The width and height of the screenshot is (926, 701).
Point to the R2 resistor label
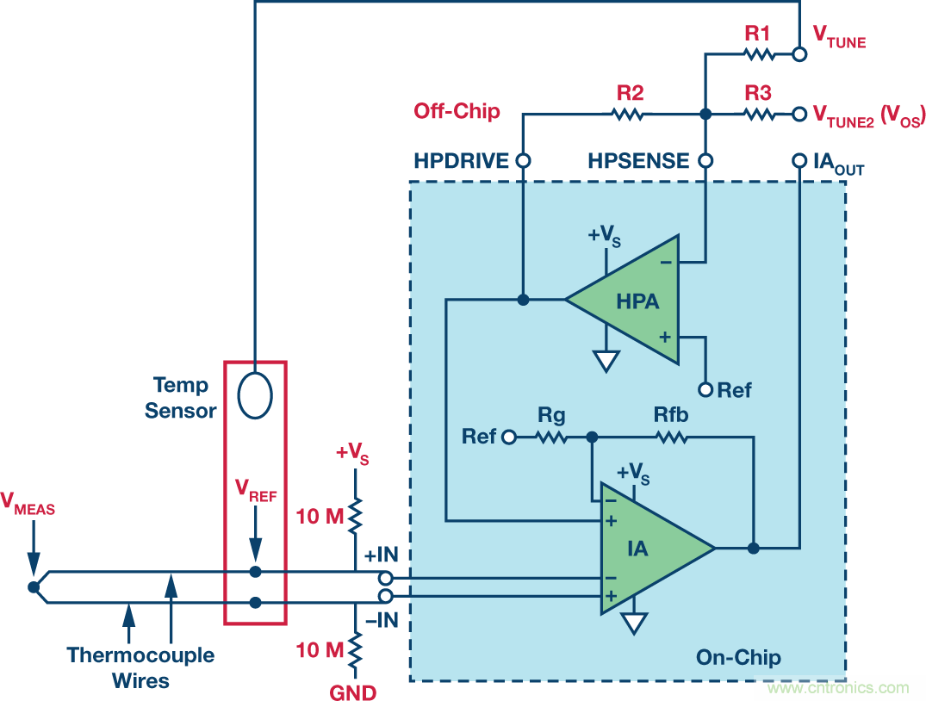coord(630,93)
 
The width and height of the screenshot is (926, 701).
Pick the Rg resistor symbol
coord(551,437)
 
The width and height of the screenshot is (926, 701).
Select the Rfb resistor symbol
coord(672,437)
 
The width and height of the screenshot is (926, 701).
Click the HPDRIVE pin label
coord(462,161)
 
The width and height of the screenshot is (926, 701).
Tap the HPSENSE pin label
coord(638,161)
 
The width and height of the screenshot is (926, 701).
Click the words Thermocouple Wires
coord(141,667)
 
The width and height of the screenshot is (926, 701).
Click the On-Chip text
coord(738,658)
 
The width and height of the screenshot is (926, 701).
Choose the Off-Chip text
coord(457,111)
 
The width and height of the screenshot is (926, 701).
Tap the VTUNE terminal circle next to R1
coord(799,54)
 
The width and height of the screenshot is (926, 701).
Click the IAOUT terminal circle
coord(799,161)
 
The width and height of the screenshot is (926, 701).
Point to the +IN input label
coord(381,555)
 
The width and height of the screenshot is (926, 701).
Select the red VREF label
coord(256,491)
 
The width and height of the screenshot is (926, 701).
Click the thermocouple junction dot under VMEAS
coord(33,587)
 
